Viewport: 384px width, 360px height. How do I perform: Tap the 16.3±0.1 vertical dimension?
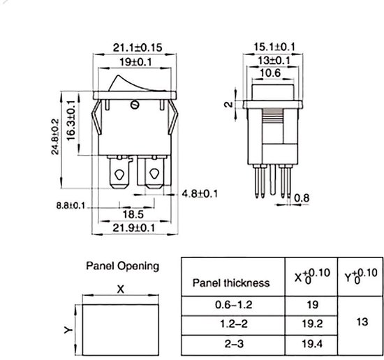click(x=72, y=114)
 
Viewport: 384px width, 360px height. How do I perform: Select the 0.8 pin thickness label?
click(x=301, y=198)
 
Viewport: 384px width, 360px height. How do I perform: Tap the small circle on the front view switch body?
click(x=135, y=105)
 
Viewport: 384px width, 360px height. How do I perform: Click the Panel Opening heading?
click(x=122, y=266)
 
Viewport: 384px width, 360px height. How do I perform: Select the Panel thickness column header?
click(x=230, y=283)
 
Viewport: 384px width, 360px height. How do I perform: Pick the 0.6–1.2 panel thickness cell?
click(x=230, y=305)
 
